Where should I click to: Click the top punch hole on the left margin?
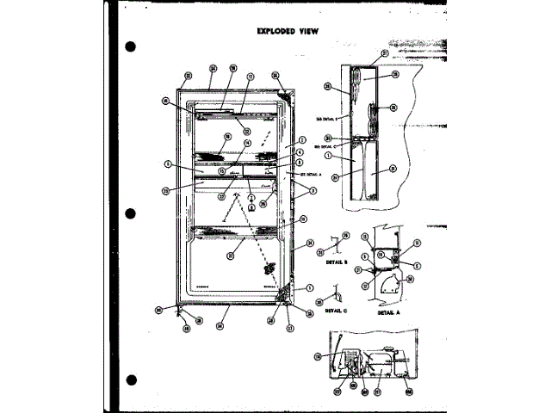(x=131, y=46)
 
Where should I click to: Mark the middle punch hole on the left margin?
(x=131, y=212)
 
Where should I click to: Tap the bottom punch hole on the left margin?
(x=131, y=378)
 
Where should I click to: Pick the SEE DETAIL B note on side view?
(x=319, y=116)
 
